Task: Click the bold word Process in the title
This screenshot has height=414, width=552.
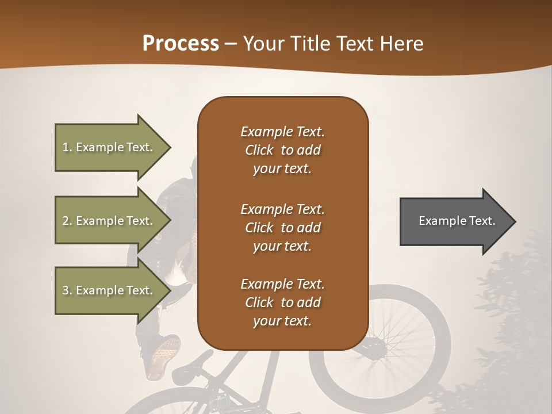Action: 181,44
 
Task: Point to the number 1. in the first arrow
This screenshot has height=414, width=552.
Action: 67,147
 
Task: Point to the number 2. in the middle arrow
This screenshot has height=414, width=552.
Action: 67,221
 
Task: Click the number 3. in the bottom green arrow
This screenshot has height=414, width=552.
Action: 67,290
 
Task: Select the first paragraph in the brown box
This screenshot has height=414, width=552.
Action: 282,150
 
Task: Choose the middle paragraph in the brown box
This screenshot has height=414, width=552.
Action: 282,227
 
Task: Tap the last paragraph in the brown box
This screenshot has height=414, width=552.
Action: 282,302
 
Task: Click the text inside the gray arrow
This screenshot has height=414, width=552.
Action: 457,221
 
